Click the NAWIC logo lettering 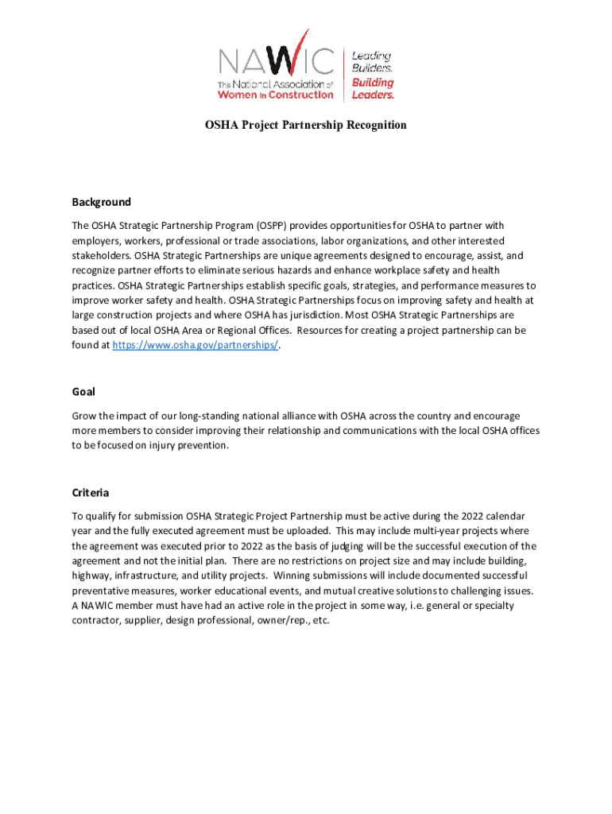[x=277, y=60]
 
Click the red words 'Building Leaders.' [x=374, y=88]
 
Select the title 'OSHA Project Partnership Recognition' [x=306, y=126]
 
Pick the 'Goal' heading [x=83, y=392]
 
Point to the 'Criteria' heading [x=90, y=493]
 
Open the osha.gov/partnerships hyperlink [x=195, y=345]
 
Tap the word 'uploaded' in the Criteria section [x=304, y=531]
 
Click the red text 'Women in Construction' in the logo [x=276, y=95]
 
